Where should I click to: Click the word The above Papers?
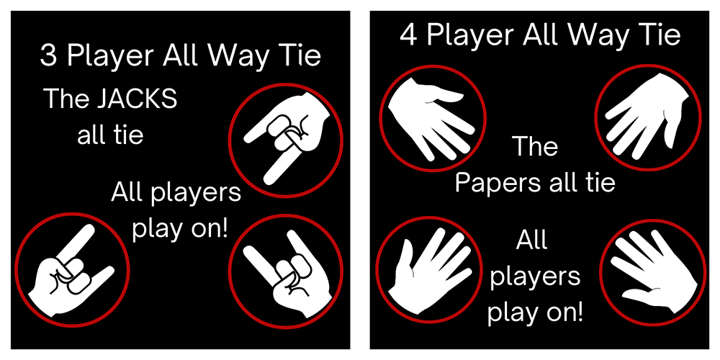tap(535, 146)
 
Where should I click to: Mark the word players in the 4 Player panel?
tap(535, 277)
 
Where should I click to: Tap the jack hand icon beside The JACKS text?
tap(287, 140)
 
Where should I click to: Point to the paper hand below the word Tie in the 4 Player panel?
tap(647, 117)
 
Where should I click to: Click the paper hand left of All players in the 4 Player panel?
tap(430, 269)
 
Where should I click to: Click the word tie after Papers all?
tap(600, 183)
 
